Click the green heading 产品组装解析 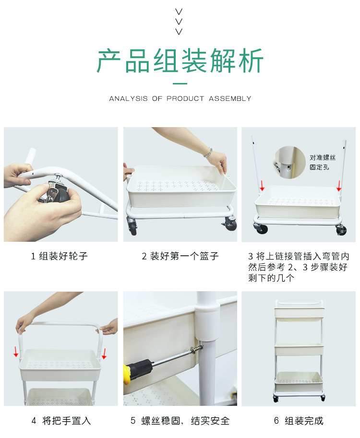[180, 61]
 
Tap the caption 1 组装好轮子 [60, 256]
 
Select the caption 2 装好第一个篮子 [180, 256]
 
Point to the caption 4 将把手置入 [61, 421]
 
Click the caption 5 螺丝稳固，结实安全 [180, 421]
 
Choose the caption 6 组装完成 [298, 421]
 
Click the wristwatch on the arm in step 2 [208, 153]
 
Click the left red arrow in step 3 [262, 185]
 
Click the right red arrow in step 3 [339, 185]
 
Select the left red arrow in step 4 [16, 351]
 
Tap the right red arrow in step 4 [104, 353]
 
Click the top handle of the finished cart [299, 302]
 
